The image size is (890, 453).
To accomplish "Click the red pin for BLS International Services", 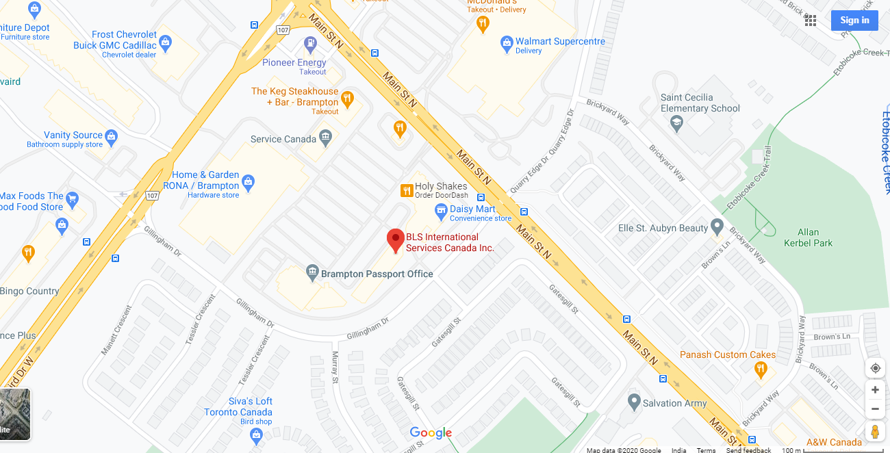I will [x=395, y=240].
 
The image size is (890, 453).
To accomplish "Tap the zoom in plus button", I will [x=875, y=390].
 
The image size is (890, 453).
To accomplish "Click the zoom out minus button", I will [x=875, y=409].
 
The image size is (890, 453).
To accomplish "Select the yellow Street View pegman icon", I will [x=875, y=432].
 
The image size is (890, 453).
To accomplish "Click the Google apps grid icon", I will [x=811, y=21].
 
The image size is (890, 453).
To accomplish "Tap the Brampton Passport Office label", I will [x=377, y=274].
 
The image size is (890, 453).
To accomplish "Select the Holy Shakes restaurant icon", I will [x=406, y=190].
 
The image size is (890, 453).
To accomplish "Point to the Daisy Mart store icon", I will [x=441, y=209].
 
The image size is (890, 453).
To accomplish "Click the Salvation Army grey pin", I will [x=634, y=400].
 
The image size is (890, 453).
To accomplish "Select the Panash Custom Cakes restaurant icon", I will [x=760, y=370].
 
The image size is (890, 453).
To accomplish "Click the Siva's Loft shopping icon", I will [x=257, y=436].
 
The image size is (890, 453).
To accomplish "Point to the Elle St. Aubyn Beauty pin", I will [x=717, y=225].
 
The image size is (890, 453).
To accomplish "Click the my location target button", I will [x=875, y=368].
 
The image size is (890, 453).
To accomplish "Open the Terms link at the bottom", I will [x=706, y=450].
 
